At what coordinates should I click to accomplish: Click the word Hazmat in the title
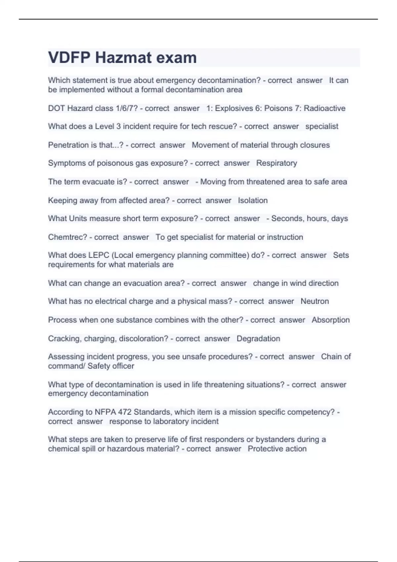(x=123, y=58)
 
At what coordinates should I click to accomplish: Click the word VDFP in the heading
(x=69, y=58)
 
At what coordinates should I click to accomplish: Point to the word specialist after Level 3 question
(x=322, y=127)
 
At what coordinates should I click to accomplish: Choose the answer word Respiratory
(x=277, y=163)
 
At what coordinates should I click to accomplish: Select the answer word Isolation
(x=253, y=201)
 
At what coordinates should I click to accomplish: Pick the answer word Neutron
(x=315, y=301)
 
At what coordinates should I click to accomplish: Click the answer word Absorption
(x=331, y=320)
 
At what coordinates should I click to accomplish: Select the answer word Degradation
(x=258, y=339)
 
